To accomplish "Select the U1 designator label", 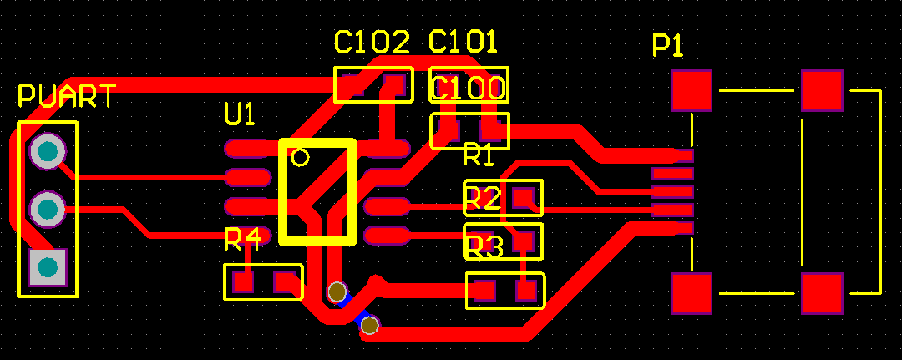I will click(x=240, y=114).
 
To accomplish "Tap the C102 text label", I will click(x=372, y=42).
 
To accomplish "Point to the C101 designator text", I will click(x=463, y=42).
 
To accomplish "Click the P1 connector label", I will click(x=668, y=47).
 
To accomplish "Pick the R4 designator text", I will click(x=242, y=241).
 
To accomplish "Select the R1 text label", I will click(x=479, y=155).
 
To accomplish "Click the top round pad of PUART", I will click(x=48, y=151).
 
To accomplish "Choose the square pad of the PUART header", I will click(x=48, y=266).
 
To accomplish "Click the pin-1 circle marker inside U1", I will click(x=300, y=156).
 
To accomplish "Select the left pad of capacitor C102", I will click(x=353, y=84).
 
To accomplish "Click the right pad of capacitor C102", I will click(x=394, y=84).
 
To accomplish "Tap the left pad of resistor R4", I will click(x=243, y=281).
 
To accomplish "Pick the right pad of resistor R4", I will click(x=285, y=281).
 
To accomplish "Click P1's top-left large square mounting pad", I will click(x=692, y=90).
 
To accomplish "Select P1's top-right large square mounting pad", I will click(x=822, y=90).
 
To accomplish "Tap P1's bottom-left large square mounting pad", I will click(x=692, y=293).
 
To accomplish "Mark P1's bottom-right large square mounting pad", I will click(x=822, y=293).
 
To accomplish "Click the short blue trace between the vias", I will click(x=354, y=309).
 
